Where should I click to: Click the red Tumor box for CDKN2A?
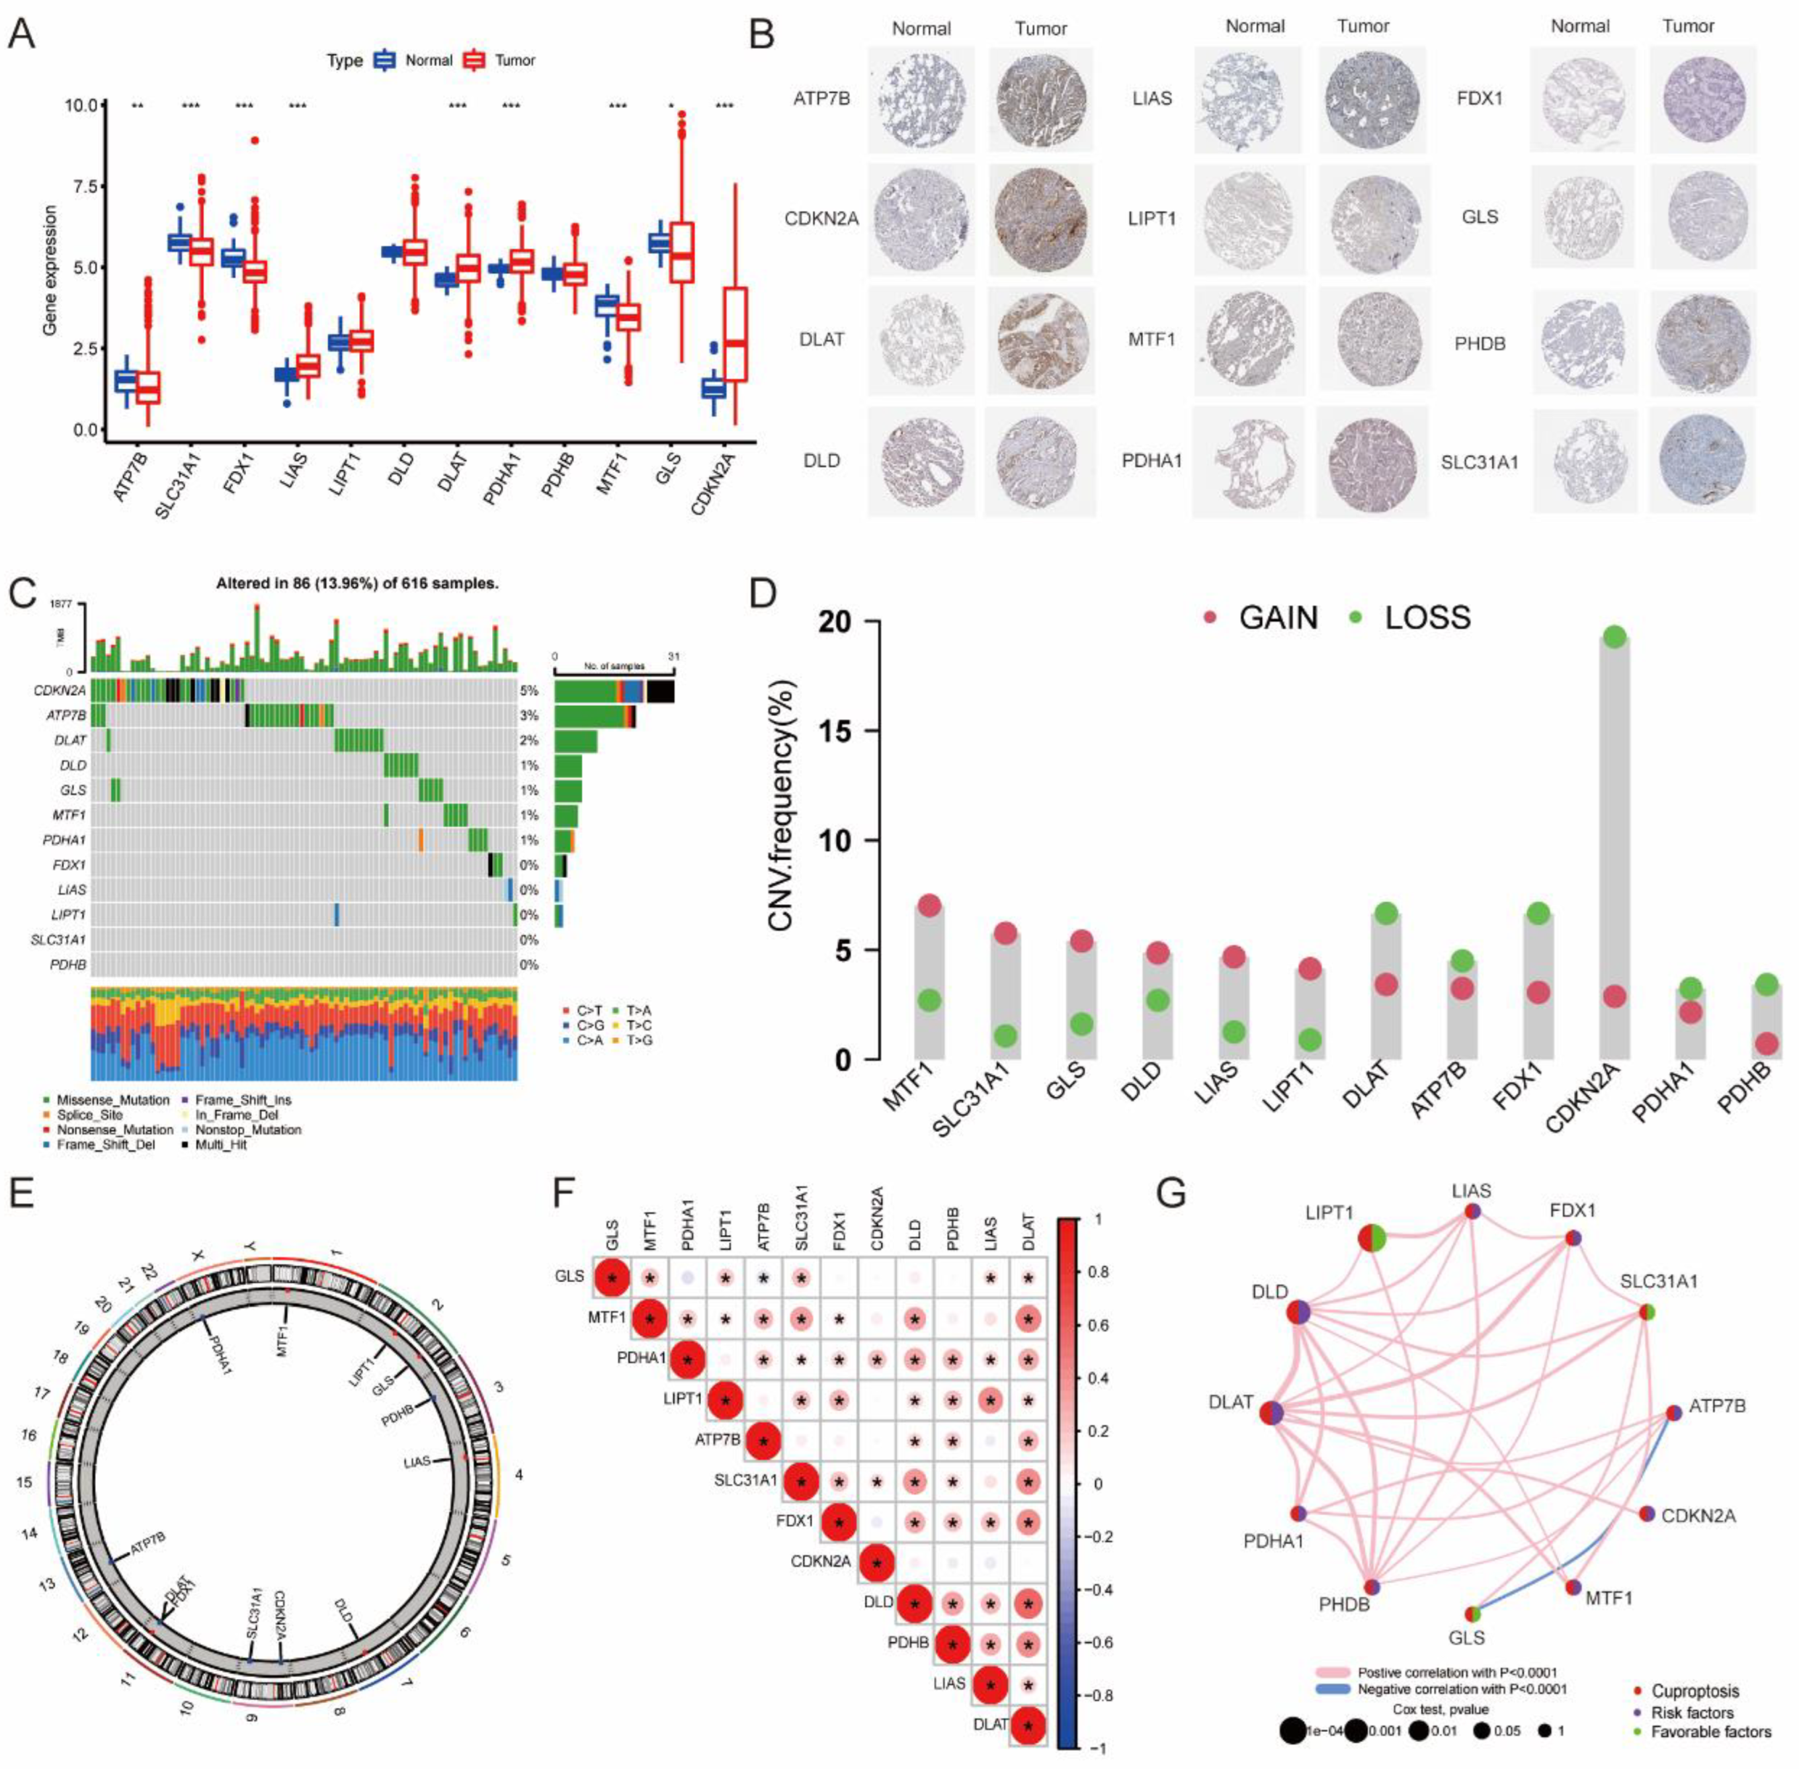click(735, 335)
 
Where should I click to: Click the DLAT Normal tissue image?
click(921, 339)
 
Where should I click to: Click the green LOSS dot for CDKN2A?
click(1614, 637)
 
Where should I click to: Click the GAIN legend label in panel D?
click(1277, 618)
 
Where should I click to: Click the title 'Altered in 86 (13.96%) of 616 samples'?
click(358, 583)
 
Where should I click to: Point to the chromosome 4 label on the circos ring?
click(519, 1475)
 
